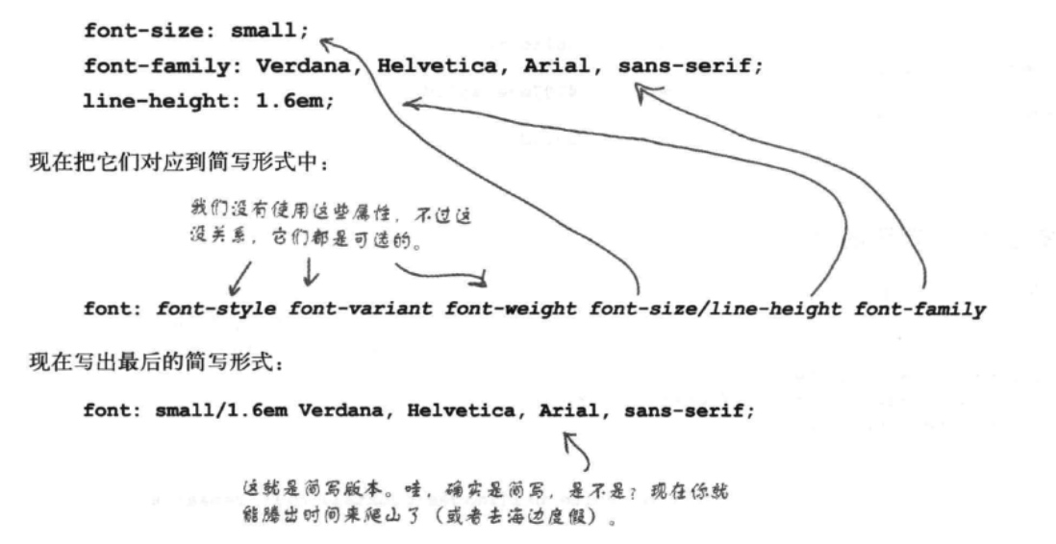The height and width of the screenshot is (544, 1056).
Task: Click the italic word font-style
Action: [x=216, y=309]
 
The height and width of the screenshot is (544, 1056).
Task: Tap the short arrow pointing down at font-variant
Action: [x=310, y=278]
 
